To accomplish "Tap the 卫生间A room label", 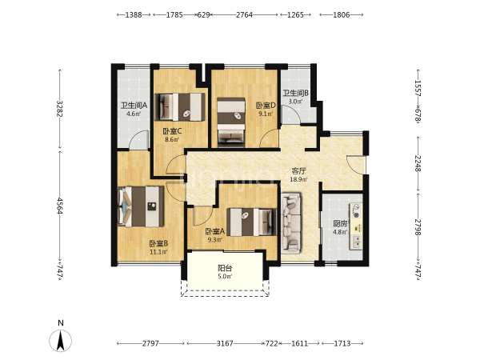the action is (134, 106).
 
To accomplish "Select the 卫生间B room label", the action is (295, 93).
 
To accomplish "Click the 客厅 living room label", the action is (298, 171).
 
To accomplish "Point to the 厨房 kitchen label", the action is (340, 224).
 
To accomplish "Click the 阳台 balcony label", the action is (225, 268).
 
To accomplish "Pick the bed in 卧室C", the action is (180, 107).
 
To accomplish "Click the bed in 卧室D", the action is (231, 122).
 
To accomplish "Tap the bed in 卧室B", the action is (141, 206).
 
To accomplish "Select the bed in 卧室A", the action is (252, 222).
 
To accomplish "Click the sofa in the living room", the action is (291, 223).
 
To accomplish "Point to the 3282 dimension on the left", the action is (60, 109).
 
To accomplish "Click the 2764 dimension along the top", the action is (244, 14).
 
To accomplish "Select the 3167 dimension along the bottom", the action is (225, 343).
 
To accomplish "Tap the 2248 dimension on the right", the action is (418, 163).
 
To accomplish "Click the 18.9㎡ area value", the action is (298, 179).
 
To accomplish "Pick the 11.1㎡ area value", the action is (158, 252).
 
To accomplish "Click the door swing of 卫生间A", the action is (138, 139).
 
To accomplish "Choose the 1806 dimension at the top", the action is (342, 14).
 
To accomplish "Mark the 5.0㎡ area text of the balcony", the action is (225, 277).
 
